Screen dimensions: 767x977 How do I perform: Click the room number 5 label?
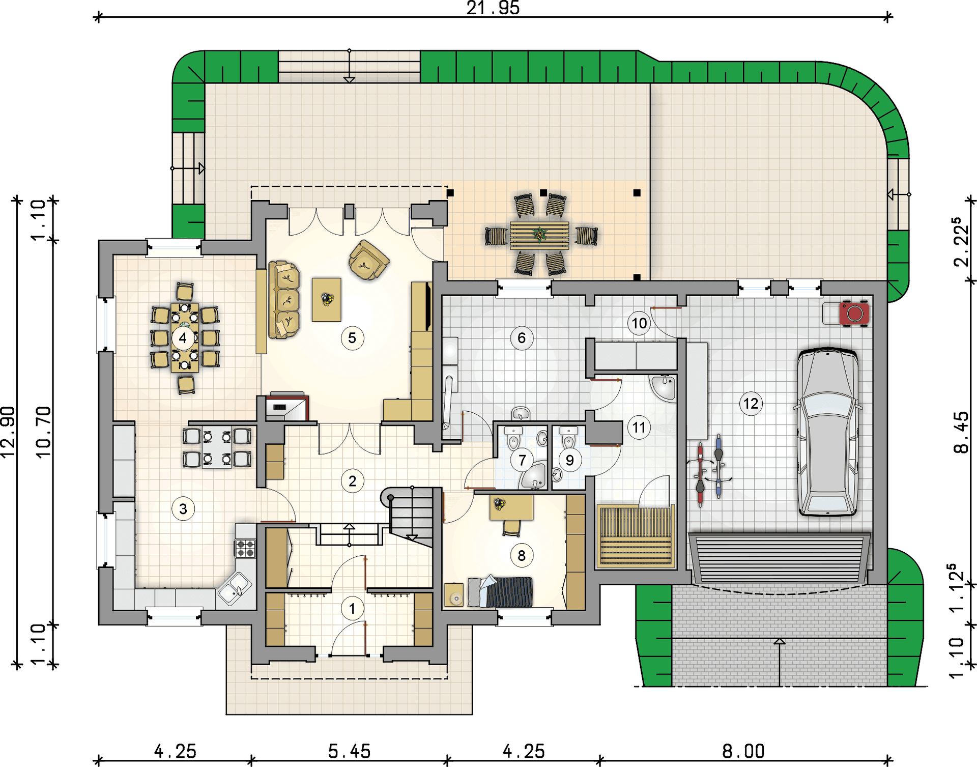[352, 338]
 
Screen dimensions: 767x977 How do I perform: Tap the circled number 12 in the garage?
[751, 404]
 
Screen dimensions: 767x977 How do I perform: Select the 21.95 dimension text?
[493, 8]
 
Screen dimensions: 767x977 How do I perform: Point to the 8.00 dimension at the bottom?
[743, 751]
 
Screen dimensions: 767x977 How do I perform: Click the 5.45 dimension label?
[349, 751]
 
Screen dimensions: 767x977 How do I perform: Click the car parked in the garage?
[828, 432]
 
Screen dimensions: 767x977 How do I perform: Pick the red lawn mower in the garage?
[854, 314]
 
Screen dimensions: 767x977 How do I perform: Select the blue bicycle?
[719, 466]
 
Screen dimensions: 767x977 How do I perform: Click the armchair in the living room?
[368, 260]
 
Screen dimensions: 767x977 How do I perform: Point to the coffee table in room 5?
[327, 299]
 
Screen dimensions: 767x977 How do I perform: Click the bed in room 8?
[500, 592]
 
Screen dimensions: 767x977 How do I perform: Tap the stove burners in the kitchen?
[245, 548]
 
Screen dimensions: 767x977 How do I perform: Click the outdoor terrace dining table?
[539, 235]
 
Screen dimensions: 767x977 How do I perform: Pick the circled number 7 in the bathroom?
[522, 461]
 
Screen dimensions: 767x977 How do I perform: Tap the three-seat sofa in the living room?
[284, 300]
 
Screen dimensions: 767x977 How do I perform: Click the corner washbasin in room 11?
[664, 387]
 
